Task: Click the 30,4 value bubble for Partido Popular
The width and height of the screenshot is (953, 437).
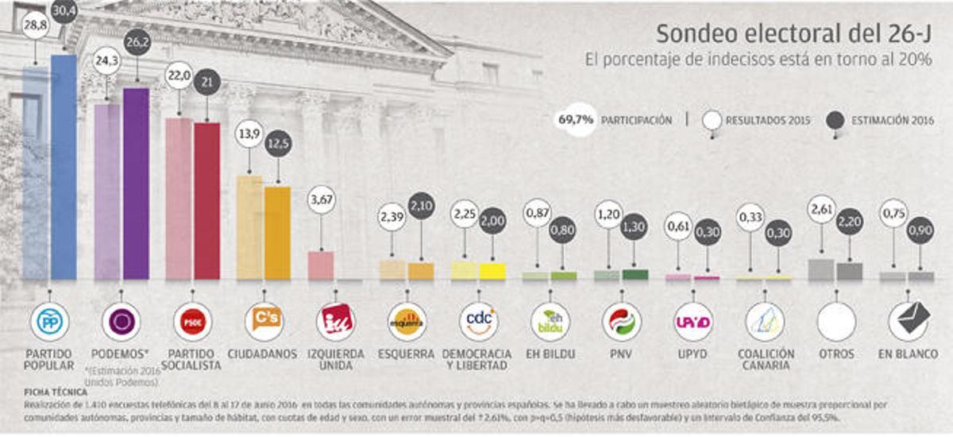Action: pyautogui.click(x=64, y=11)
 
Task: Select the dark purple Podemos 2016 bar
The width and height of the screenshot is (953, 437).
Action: pyautogui.click(x=136, y=183)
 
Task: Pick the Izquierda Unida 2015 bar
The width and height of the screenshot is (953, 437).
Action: pyautogui.click(x=320, y=265)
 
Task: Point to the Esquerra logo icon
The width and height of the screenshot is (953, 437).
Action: pyautogui.click(x=407, y=322)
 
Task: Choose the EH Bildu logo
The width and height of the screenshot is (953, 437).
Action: pyautogui.click(x=550, y=322)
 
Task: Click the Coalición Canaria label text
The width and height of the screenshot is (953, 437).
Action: pyautogui.click(x=765, y=359)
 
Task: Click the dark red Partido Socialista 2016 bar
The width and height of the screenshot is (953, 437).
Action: pyautogui.click(x=206, y=200)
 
